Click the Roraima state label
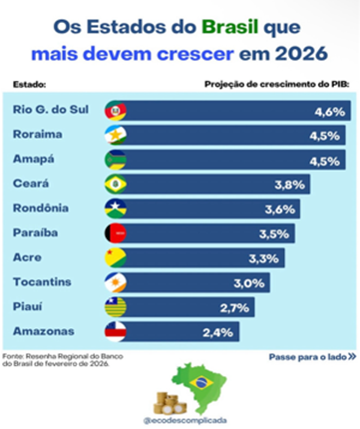[41, 135]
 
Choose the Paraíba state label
[39, 231]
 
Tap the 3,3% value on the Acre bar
[272, 256]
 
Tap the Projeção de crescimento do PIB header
[274, 86]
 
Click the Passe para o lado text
[307, 355]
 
